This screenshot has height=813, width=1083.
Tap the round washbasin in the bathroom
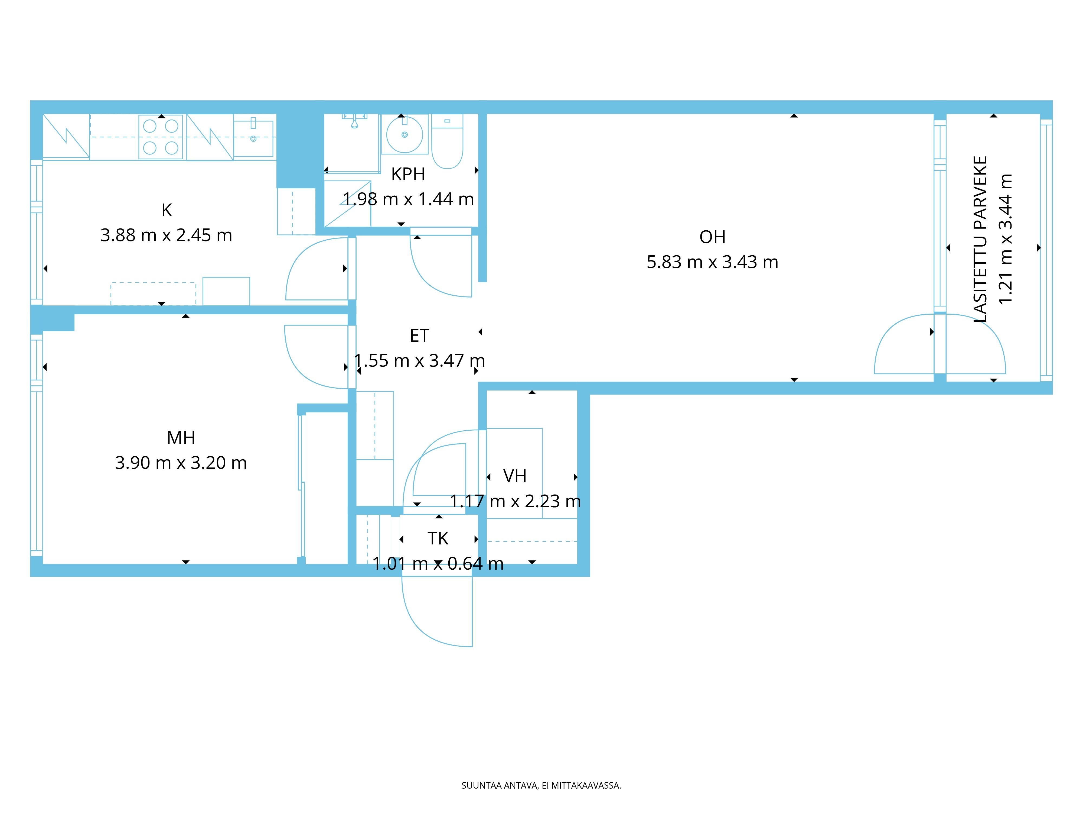[x=405, y=134]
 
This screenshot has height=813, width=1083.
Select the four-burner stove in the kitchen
[x=161, y=137]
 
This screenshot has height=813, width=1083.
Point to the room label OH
[x=712, y=237]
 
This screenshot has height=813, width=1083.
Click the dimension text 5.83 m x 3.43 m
[x=712, y=262]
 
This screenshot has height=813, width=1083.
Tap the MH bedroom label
[x=181, y=438]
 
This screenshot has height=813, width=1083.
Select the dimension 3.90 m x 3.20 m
[x=181, y=463]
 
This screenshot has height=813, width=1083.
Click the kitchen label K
[x=167, y=210]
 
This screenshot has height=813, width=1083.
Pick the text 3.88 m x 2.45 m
[x=167, y=235]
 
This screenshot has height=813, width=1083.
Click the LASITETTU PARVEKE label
[x=980, y=239]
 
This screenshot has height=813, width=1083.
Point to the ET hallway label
[x=420, y=336]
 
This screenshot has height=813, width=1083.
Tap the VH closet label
[x=515, y=476]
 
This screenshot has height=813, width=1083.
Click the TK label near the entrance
[x=438, y=538]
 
